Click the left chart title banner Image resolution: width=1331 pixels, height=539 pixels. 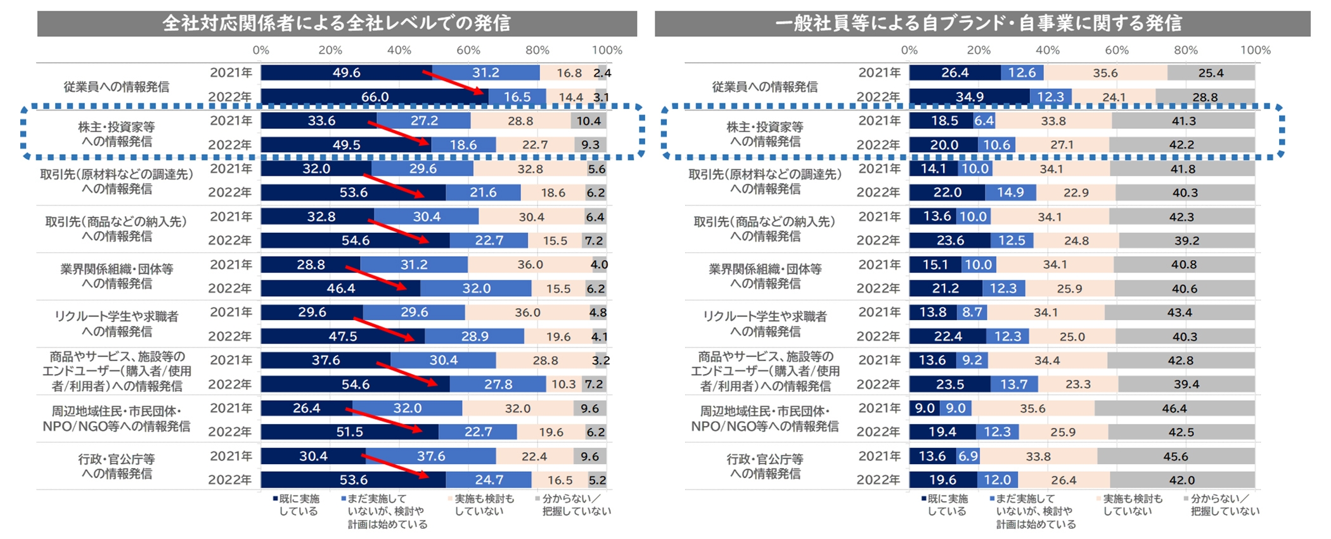pyautogui.click(x=337, y=23)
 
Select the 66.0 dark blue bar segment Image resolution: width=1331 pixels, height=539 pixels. pyautogui.click(x=375, y=97)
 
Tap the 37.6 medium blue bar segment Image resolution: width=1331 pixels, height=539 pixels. pyautogui.click(x=431, y=457)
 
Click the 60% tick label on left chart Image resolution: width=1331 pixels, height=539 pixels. pyautogui.click(x=468, y=50)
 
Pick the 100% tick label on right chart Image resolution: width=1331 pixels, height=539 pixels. pyautogui.click(x=1255, y=50)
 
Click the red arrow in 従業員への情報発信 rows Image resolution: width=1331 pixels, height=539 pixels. pyautogui.click(x=454, y=84)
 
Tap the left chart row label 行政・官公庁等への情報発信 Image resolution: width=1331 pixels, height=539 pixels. pyautogui.click(x=117, y=466)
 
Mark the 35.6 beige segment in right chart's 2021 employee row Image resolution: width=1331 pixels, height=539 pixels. pyautogui.click(x=1105, y=73)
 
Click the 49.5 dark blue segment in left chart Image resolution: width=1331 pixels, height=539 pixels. pyautogui.click(x=346, y=145)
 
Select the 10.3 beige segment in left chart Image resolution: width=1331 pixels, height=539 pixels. pyautogui.click(x=563, y=384)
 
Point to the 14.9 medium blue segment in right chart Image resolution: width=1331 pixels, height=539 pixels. pyautogui.click(x=1010, y=193)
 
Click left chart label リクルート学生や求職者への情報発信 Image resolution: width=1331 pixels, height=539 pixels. pyautogui.click(x=117, y=323)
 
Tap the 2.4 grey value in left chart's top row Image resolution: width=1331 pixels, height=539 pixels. pyautogui.click(x=602, y=73)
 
